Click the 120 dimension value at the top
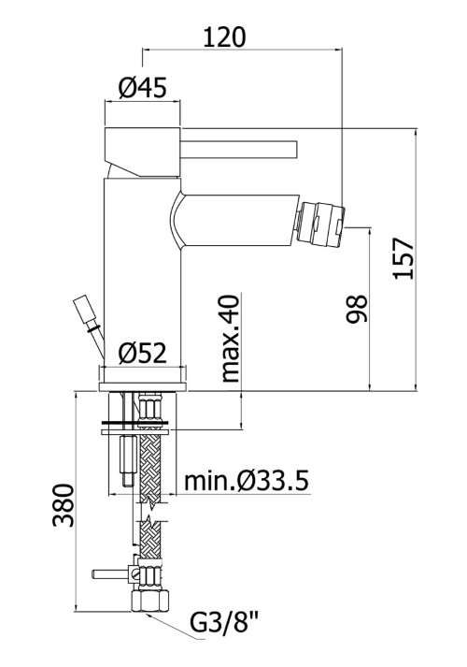(x=224, y=37)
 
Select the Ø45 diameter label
(x=143, y=89)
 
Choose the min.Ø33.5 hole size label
(x=246, y=482)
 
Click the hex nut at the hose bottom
(x=147, y=602)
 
